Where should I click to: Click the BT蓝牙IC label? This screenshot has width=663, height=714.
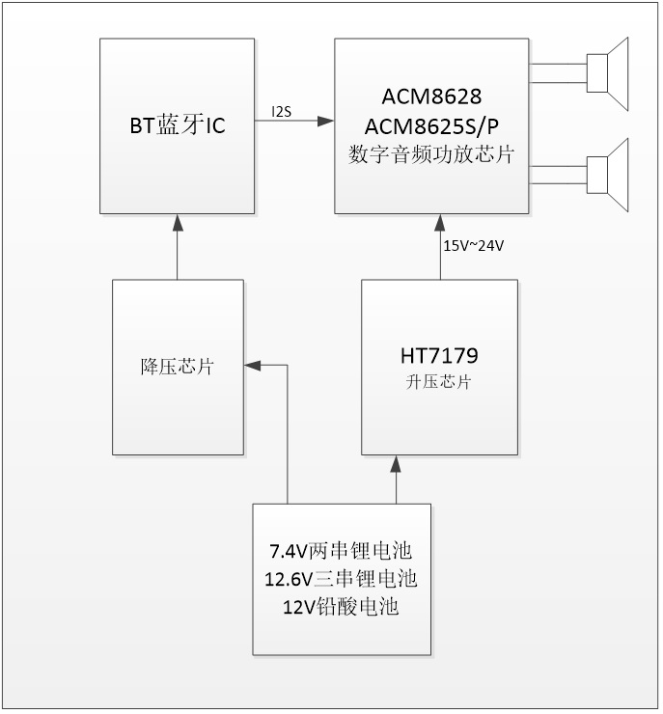coord(177,124)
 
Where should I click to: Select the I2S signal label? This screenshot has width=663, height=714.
coord(282,112)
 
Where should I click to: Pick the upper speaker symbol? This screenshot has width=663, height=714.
coord(608,72)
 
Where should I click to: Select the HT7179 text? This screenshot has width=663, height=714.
coord(439,356)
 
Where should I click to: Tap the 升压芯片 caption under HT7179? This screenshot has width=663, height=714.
coord(439,382)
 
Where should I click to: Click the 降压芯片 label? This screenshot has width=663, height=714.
coord(177,367)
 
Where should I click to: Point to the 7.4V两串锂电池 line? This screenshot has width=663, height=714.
coord(341,552)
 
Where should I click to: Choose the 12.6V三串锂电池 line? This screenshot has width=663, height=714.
coord(341,579)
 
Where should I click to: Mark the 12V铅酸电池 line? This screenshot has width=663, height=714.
coord(341,607)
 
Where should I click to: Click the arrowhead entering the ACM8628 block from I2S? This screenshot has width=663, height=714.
coord(327,121)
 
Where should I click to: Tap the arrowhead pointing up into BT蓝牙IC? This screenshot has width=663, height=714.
coord(177,222)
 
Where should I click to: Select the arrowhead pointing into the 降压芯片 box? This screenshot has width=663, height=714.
coord(251,367)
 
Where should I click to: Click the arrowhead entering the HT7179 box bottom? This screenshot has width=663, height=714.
coord(396,461)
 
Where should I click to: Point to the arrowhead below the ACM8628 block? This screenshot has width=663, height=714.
coord(439,221)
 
